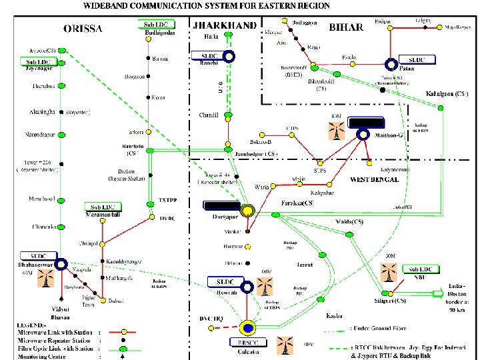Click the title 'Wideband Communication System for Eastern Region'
point(206,6)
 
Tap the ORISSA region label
point(83,29)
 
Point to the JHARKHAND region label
point(224,25)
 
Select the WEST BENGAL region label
point(374,179)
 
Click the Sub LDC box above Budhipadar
point(159,24)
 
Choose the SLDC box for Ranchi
point(209,55)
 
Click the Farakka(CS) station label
point(297,202)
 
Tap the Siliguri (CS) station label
point(391,300)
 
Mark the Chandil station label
point(209,115)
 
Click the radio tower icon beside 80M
point(337,131)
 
